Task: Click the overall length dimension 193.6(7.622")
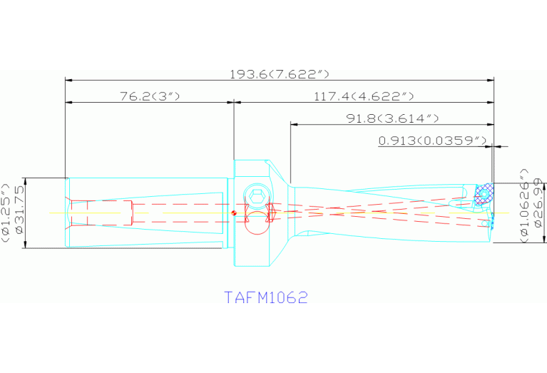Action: coord(279,74)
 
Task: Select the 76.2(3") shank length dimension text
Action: coord(149,96)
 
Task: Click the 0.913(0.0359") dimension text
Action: coord(432,140)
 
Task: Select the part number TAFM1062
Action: coord(266,297)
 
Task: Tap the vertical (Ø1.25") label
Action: coord(6,213)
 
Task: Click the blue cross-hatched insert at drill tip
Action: coord(484,195)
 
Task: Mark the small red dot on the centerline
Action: coord(234,213)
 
